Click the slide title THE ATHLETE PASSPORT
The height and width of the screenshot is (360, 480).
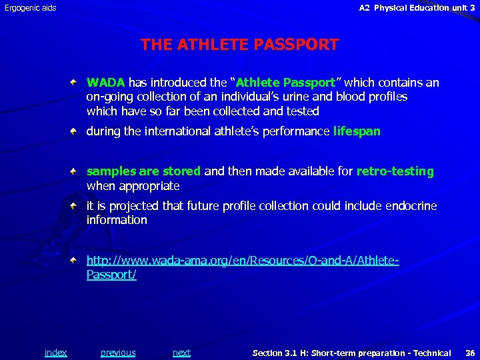pos(239,45)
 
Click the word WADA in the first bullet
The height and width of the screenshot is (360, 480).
pos(105,83)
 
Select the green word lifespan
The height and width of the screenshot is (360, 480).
pos(357,131)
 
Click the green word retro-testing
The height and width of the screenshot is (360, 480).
pos(395,171)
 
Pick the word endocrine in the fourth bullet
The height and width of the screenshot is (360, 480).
pos(410,206)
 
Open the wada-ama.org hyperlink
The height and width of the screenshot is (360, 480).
pos(243,261)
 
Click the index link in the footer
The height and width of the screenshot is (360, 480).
pos(55,353)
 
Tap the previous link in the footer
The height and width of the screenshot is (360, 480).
pos(118,353)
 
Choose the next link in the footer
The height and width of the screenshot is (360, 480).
pos(181,353)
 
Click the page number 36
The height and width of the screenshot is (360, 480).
pos(469,353)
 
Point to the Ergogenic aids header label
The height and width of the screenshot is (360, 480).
pos(31,8)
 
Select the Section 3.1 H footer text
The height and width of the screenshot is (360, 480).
pos(351,353)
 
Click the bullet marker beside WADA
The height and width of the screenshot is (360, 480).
pos(78,83)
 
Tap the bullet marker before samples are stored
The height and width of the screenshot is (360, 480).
pos(78,171)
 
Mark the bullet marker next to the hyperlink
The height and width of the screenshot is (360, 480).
pos(78,260)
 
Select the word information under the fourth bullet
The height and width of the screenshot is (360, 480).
pos(117,220)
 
